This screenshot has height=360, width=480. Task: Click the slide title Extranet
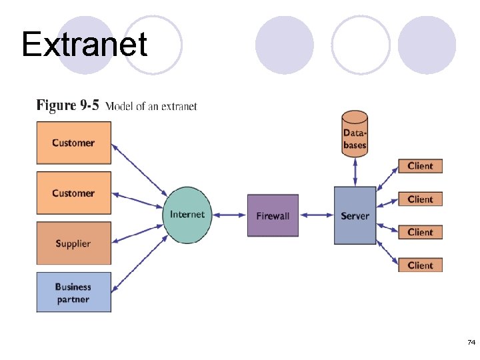tap(84, 45)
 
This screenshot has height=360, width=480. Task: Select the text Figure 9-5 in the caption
tap(67, 105)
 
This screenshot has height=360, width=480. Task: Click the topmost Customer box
tap(73, 143)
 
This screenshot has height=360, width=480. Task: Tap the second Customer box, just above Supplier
tap(73, 193)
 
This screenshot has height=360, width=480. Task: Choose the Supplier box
tap(73, 243)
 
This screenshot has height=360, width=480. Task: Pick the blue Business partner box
tap(73, 293)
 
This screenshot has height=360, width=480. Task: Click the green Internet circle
tap(187, 215)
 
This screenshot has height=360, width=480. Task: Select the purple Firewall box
tap(273, 215)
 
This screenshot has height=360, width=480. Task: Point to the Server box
tap(355, 215)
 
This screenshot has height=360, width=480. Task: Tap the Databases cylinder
tap(355, 134)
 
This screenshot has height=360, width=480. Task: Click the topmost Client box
tap(420, 166)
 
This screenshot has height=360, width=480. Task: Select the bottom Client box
tap(420, 265)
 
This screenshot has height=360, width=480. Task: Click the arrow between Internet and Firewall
tap(229, 215)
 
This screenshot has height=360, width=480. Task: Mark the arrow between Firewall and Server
tap(316, 215)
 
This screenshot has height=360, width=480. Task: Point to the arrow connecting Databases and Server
tap(355, 171)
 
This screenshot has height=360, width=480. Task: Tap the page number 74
tap(471, 343)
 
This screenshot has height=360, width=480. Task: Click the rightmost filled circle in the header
tap(427, 45)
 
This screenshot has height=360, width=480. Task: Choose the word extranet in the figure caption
tap(179, 107)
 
